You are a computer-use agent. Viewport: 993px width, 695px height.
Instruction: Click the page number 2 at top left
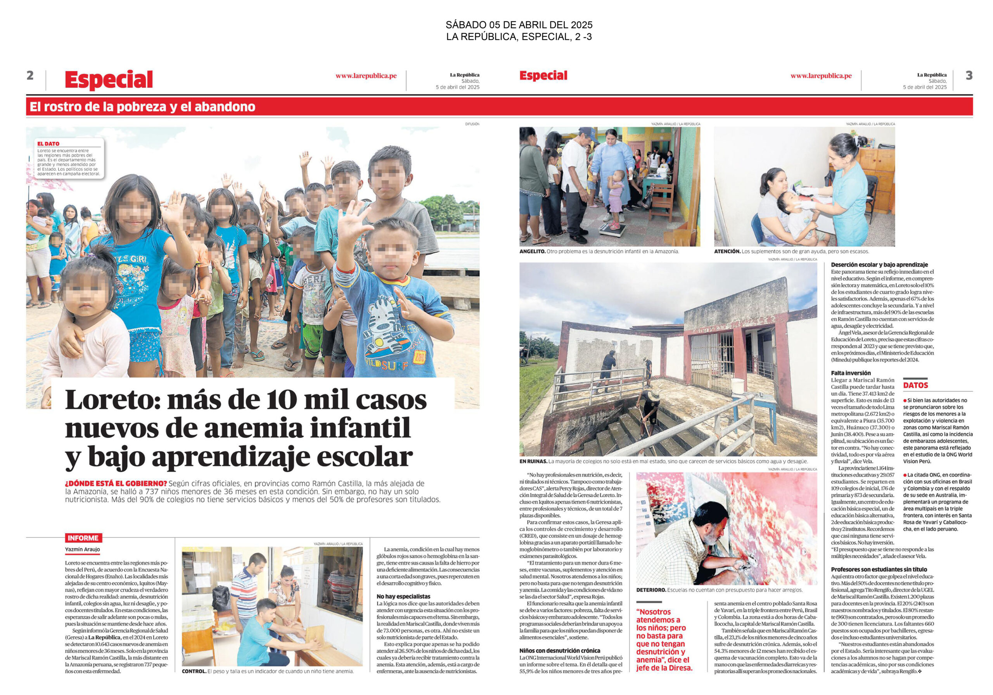30,76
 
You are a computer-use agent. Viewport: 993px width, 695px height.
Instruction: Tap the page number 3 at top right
969,76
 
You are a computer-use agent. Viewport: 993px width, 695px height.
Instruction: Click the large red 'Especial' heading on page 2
109,80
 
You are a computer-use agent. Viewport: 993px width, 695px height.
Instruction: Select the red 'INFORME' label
83,538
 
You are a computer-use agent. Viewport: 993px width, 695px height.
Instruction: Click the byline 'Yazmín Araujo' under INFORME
82,549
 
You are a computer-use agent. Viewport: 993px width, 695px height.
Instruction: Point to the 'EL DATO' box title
48,143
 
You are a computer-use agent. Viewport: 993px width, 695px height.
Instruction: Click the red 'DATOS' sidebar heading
915,385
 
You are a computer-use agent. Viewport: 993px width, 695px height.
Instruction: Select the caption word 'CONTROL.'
194,684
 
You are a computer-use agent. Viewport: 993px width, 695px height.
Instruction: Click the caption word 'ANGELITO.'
533,251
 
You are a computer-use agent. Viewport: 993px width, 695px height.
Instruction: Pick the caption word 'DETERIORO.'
651,590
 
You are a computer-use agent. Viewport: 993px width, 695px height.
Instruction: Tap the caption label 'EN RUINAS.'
533,462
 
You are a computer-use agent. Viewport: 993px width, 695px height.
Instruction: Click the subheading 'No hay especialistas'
403,596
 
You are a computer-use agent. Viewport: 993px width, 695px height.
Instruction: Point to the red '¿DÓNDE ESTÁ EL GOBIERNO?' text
116,483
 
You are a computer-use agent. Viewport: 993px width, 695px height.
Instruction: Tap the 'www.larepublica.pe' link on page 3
821,76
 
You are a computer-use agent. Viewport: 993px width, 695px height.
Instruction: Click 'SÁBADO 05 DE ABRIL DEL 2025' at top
519,25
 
